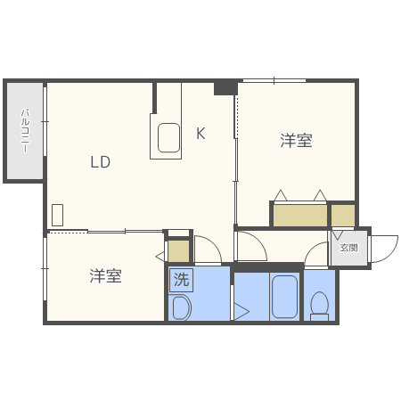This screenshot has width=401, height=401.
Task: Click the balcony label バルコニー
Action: [25, 132]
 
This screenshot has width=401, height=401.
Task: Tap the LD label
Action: [99, 162]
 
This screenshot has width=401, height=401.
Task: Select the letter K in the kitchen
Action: [200, 134]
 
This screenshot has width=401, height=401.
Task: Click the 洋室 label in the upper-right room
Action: [296, 141]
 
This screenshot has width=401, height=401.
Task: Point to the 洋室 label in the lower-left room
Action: [105, 276]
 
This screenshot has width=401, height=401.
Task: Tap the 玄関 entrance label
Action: [348, 248]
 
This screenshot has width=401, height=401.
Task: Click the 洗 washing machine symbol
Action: [182, 279]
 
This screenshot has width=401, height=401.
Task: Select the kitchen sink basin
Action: [169, 139]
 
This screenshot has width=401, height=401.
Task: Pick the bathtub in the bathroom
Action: [284, 297]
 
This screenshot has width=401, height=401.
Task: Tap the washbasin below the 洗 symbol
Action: [181, 308]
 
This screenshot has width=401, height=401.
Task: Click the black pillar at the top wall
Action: [225, 87]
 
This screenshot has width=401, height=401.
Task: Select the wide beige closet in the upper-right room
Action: [299, 216]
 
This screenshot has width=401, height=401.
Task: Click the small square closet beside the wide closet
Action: [343, 216]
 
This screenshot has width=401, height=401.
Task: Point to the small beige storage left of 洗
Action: [179, 251]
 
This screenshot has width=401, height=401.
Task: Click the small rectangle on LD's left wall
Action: [57, 215]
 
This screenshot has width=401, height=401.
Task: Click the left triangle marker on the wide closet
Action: [280, 195]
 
